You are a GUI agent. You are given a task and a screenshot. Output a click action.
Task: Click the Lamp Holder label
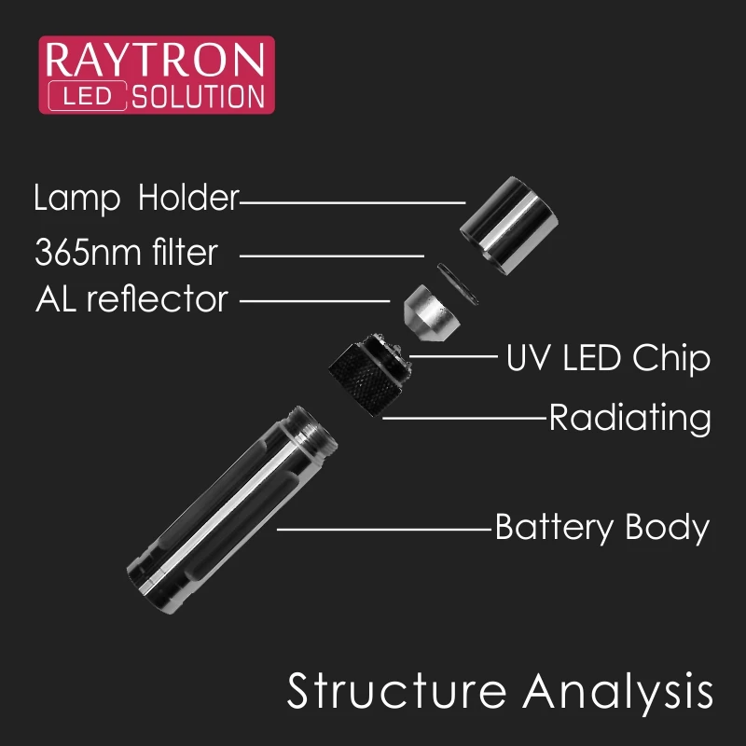(x=136, y=199)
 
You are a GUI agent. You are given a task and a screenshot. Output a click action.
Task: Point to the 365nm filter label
(x=126, y=252)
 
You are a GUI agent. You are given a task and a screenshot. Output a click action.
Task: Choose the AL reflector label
(x=131, y=299)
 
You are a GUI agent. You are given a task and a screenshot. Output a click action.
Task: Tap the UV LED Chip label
(x=607, y=358)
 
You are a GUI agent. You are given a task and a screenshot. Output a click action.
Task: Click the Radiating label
(x=629, y=418)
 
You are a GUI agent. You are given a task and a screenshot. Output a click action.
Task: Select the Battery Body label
(x=601, y=528)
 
